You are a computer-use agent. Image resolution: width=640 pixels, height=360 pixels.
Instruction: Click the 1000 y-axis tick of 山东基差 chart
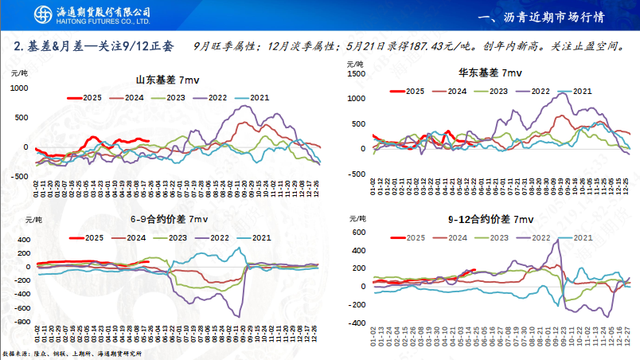[18, 87]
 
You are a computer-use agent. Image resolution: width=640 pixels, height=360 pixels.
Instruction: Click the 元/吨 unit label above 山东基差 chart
[19, 72]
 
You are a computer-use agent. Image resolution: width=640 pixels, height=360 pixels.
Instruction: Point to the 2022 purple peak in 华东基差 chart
[562, 93]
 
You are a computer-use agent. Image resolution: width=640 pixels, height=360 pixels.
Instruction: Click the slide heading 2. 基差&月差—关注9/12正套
[93, 46]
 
